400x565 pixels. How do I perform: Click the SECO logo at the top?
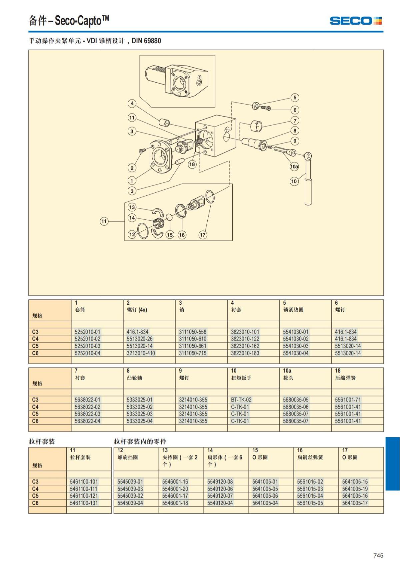(x=356, y=21)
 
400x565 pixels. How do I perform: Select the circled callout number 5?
(x=295, y=98)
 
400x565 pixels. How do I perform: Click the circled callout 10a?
(x=294, y=166)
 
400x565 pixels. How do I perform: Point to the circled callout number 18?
(x=192, y=164)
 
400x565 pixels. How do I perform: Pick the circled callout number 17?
(x=203, y=235)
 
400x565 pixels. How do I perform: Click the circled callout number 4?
(x=132, y=104)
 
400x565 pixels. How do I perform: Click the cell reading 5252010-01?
(x=87, y=332)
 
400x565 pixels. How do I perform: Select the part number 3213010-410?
(x=141, y=353)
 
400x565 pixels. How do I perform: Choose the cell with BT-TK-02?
(x=241, y=400)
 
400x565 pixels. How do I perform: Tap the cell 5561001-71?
(x=348, y=400)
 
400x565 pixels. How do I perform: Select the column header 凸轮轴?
(x=134, y=378)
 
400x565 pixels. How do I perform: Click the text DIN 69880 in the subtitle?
(x=146, y=41)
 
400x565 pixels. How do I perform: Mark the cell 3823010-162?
(x=245, y=346)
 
